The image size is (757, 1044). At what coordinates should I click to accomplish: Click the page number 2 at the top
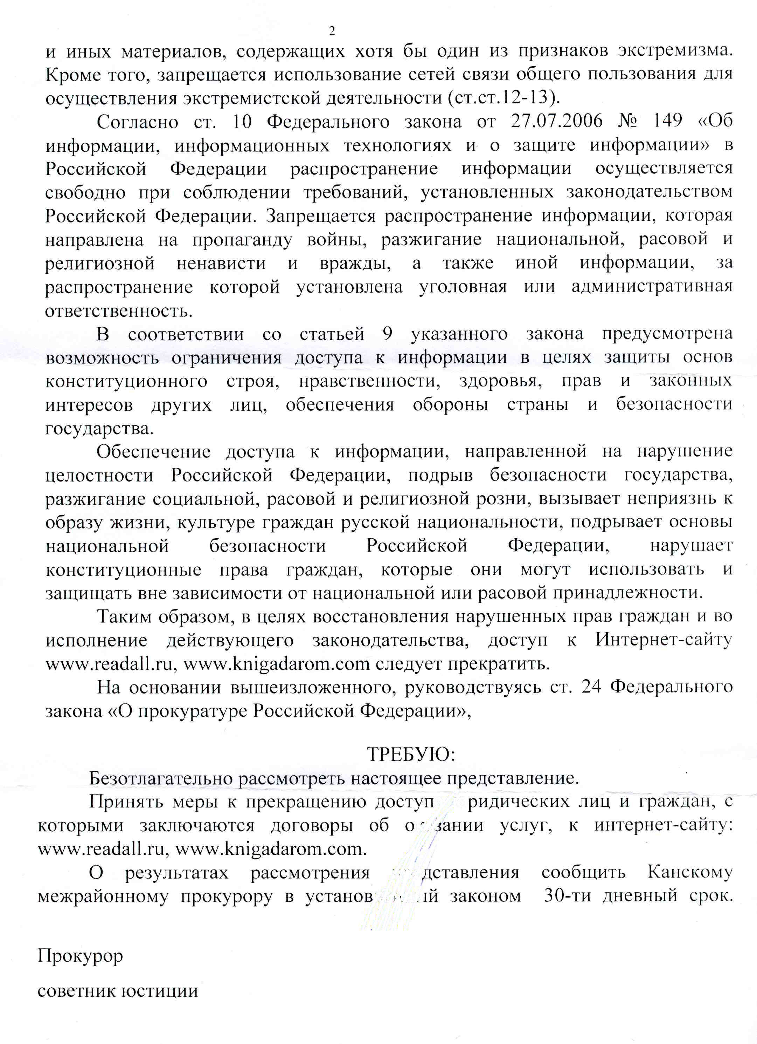tap(332, 31)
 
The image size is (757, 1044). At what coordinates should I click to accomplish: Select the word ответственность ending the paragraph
tap(119, 312)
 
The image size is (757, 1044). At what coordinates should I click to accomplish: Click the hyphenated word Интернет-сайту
tap(663, 640)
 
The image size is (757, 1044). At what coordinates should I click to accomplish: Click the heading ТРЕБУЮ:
tap(411, 754)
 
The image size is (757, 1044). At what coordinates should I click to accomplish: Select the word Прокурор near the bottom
tap(81, 956)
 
